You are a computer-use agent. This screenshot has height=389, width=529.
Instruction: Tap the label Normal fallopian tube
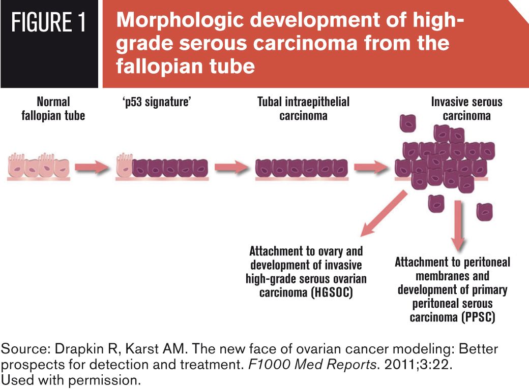pyautogui.click(x=53, y=108)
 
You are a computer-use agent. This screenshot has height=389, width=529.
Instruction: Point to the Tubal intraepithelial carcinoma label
pyautogui.click(x=303, y=108)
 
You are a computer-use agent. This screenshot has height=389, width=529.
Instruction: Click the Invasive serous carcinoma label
pyautogui.click(x=466, y=108)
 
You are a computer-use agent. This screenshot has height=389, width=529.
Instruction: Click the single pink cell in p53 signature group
pyautogui.click(x=124, y=167)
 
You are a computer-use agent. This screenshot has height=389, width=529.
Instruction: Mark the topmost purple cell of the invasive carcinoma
pyautogui.click(x=408, y=123)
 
